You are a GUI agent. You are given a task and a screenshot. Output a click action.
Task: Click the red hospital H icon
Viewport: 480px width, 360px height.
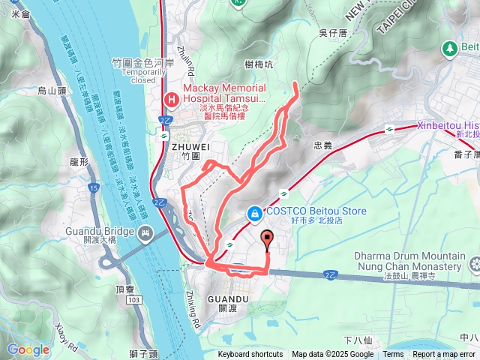[171, 98]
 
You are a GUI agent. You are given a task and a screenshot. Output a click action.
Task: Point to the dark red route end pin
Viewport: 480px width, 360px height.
[266, 240]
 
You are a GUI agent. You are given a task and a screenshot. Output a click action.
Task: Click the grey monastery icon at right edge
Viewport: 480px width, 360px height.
[473, 265]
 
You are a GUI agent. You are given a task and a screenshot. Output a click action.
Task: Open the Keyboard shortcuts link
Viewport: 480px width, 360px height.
[250, 355]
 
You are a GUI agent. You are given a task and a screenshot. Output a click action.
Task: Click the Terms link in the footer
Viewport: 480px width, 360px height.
[393, 355]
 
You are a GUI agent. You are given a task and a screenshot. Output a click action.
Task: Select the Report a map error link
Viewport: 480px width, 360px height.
[444, 355]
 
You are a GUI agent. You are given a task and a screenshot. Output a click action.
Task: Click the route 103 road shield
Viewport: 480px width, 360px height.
[133, 279]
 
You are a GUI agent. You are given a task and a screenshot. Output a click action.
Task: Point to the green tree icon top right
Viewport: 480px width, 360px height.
[450, 48]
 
